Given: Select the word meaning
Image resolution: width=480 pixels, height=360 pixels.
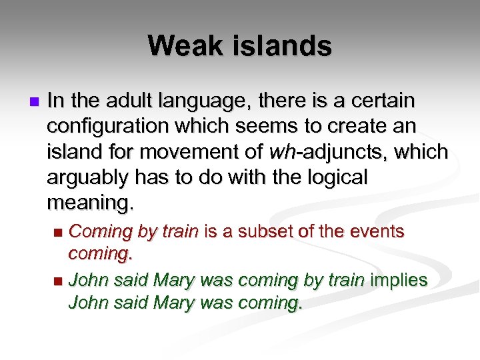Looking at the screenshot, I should click(90, 203).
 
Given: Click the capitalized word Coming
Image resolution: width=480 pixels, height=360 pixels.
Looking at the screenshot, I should click(100, 233).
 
